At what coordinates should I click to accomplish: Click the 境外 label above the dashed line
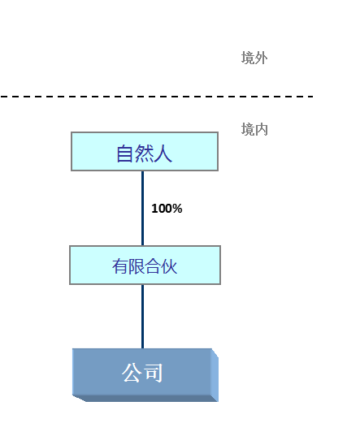[254, 58]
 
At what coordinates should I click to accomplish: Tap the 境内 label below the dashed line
[254, 129]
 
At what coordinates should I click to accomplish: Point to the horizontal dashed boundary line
[157, 97]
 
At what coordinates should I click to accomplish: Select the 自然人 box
[145, 151]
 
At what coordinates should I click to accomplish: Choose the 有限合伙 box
[145, 265]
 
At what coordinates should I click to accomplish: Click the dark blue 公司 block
[145, 375]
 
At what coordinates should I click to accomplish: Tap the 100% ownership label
[167, 209]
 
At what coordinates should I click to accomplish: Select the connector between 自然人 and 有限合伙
[143, 209]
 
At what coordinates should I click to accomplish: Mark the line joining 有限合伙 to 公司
[143, 317]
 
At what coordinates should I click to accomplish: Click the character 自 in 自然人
[124, 153]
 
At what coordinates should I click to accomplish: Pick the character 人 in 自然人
[163, 153]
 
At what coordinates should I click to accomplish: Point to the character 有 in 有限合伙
[120, 266]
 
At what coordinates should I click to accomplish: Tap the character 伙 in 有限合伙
[169, 266]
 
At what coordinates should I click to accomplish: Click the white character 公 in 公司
[131, 373]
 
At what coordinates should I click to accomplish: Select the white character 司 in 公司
[154, 373]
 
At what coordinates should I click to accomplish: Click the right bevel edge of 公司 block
[215, 375]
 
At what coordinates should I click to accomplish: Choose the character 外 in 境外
[261, 58]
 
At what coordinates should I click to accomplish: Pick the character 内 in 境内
[261, 129]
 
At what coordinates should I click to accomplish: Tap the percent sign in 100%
[177, 209]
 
